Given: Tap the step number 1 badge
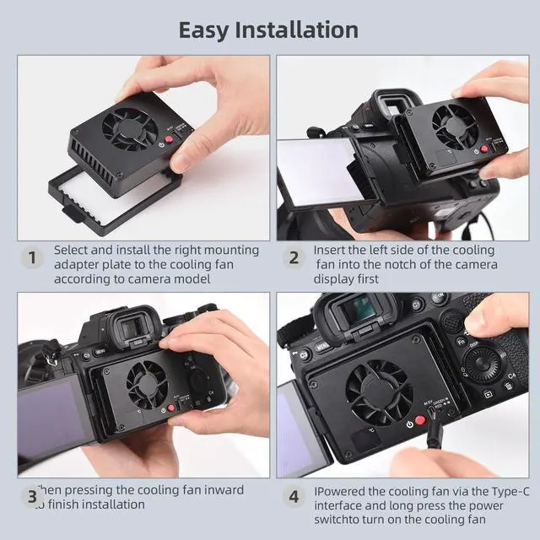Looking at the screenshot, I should click(32, 257).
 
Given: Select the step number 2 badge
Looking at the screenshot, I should click(293, 257).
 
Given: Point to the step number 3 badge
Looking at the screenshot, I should click(32, 497).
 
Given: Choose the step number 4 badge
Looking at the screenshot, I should click(293, 497).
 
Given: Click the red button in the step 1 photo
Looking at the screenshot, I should click(169, 143).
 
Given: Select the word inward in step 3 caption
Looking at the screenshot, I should click(223, 490).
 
